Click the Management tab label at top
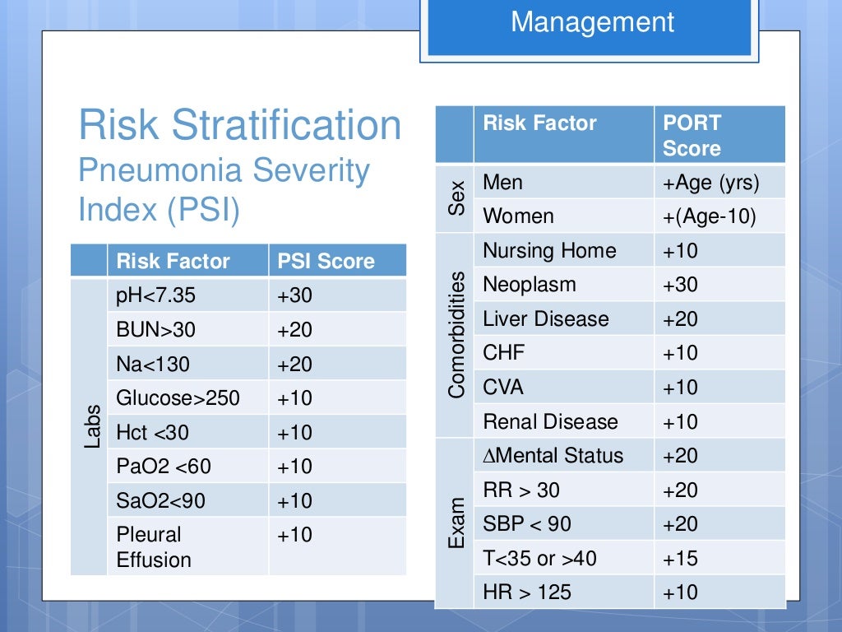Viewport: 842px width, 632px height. tap(592, 22)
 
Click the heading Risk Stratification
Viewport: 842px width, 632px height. tap(239, 126)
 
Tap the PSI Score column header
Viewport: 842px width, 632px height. tap(326, 262)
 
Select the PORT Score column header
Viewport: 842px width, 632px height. tap(692, 136)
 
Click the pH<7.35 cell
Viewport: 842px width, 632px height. tap(156, 295)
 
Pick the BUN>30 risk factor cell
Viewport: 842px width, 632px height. tap(156, 330)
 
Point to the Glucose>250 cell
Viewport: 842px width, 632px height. tap(178, 398)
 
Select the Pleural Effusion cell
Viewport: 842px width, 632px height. tap(154, 546)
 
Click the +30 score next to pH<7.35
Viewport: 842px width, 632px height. tap(294, 295)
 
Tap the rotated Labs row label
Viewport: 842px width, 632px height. tap(91, 425)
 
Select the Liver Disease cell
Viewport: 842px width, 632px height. tap(546, 319)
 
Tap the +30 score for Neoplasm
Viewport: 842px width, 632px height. tap(680, 285)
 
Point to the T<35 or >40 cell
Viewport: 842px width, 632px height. tap(540, 559)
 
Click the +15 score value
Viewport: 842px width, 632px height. tap(680, 559)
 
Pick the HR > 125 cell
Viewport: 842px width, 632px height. tap(527, 592)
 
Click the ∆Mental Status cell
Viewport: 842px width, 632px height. tap(553, 456)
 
